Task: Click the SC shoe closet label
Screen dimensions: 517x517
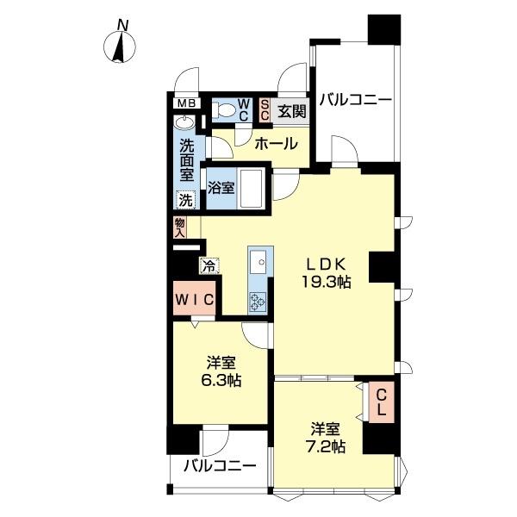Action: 265,110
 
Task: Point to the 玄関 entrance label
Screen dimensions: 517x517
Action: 291,110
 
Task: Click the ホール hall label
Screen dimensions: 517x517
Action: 276,143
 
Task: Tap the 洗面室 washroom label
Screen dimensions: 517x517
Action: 186,159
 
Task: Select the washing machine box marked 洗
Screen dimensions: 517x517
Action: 186,200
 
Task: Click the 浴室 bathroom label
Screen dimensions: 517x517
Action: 221,188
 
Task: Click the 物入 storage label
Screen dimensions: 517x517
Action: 180,227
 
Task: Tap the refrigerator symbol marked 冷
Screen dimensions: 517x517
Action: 209,265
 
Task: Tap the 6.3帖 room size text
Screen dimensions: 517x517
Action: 222,380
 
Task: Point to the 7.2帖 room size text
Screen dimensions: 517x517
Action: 327,447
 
